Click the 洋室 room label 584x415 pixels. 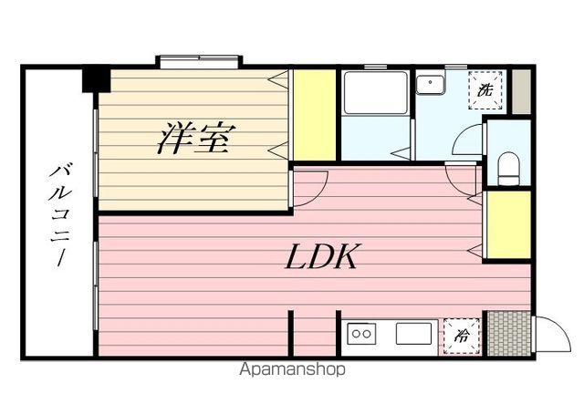pos(197,140)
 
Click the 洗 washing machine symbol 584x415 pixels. pos(486,91)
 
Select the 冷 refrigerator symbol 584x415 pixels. pos(461,335)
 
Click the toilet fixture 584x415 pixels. pos(508,169)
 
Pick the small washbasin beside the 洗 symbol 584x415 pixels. pos(429,85)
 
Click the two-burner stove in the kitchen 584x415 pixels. pos(361,334)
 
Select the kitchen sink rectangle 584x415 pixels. pos(412,333)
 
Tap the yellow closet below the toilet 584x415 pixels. pos(508,224)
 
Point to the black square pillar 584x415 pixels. pos(96,78)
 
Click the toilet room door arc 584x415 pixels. pos(467,143)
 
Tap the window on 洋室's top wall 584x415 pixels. pos(200,62)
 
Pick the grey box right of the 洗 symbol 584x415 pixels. pos(519,90)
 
